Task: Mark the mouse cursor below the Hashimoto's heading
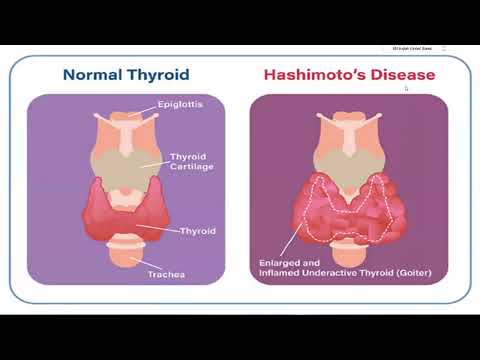(405, 88)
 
